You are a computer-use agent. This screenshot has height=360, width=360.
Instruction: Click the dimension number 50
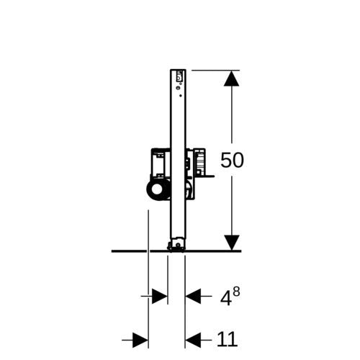232,160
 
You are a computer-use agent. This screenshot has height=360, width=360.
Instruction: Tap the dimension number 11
227,340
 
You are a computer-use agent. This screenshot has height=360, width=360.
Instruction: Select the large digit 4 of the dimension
226,298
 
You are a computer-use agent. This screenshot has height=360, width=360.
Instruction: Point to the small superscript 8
236,292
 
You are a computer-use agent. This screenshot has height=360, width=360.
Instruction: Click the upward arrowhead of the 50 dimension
232,78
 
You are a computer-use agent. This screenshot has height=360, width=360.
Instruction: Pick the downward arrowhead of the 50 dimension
232,243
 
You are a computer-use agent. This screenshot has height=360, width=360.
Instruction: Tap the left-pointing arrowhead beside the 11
193,340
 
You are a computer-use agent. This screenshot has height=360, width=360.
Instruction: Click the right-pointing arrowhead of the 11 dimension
140,340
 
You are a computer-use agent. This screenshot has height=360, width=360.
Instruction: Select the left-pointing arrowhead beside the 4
193,296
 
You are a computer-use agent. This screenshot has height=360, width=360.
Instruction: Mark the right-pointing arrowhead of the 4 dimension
160,296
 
